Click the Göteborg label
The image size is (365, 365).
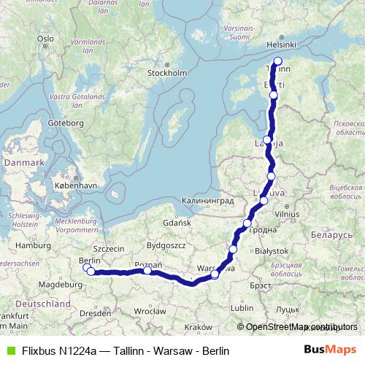click(65, 123)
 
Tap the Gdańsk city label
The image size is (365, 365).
click(177, 221)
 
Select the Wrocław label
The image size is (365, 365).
click(150, 310)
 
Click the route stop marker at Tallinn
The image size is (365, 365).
click(277, 61)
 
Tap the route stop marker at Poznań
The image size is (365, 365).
click(147, 271)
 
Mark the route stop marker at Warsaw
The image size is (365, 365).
click(215, 274)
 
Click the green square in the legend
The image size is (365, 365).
click(9, 351)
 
